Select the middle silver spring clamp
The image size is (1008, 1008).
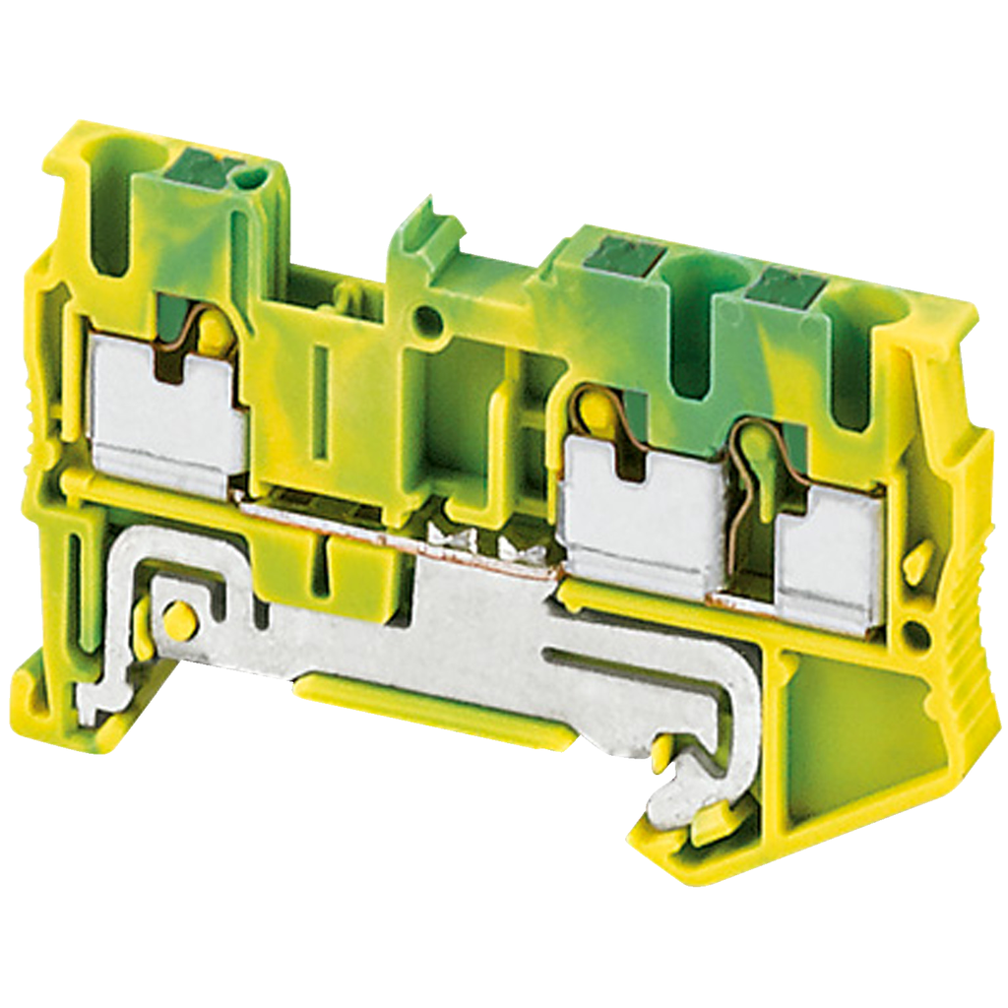(x=640, y=507)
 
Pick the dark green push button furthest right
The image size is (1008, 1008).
(x=784, y=288)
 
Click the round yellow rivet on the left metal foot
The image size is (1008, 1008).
(x=178, y=619)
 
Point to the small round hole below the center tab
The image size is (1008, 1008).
(x=426, y=318)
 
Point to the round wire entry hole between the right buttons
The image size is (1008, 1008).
(x=695, y=325)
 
